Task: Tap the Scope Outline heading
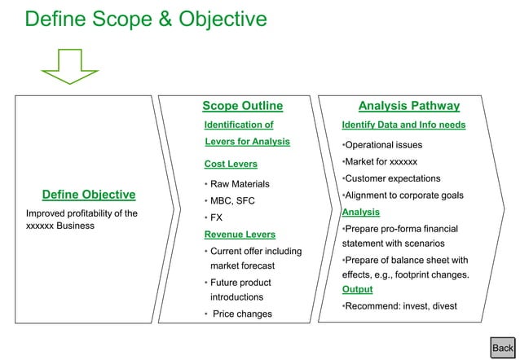click(242, 106)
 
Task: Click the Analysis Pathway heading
click(409, 106)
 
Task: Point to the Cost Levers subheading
click(230, 164)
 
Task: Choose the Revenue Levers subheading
click(239, 235)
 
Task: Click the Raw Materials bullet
click(239, 184)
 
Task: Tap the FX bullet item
click(216, 218)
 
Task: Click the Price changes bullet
click(241, 314)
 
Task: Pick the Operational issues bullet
click(382, 145)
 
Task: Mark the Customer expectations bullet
click(391, 178)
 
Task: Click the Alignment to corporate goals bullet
click(403, 195)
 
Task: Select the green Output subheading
click(357, 289)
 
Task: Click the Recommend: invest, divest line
click(399, 306)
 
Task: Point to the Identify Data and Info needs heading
click(403, 125)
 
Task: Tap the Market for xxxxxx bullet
click(380, 161)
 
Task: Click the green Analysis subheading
click(360, 212)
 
